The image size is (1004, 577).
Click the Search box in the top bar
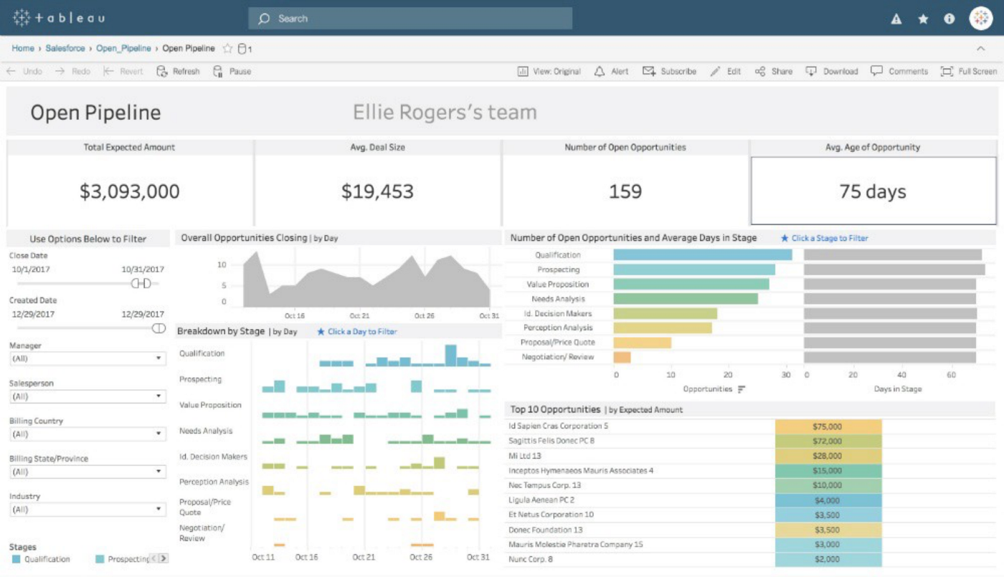[410, 19]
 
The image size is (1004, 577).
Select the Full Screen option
[969, 71]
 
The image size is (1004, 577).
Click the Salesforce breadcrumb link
[65, 48]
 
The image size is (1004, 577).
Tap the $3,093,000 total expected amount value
[130, 191]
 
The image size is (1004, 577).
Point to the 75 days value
[873, 191]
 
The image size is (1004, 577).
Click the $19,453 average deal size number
[377, 191]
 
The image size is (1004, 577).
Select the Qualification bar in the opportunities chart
[702, 254]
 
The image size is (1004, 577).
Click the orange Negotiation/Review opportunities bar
[622, 357]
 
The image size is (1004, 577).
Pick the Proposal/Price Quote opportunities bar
[642, 343]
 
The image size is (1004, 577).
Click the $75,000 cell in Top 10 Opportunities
[828, 426]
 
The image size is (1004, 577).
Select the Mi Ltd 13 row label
[525, 456]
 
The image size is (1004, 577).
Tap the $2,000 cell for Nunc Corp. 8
[828, 559]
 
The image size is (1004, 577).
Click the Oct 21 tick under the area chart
[359, 315]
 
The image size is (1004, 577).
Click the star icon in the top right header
[923, 19]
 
